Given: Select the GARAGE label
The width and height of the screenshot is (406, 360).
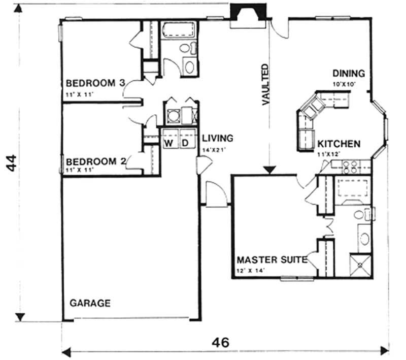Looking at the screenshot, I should point(90,303).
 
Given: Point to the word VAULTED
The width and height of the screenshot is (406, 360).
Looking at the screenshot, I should point(265,84).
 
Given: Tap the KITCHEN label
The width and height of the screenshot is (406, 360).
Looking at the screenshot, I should point(339,144).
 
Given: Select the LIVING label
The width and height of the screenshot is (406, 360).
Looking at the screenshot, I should point(218,138).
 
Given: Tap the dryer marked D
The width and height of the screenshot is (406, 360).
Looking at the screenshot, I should point(186,144).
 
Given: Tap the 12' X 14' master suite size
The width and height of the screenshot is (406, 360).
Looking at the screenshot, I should point(252,270).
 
